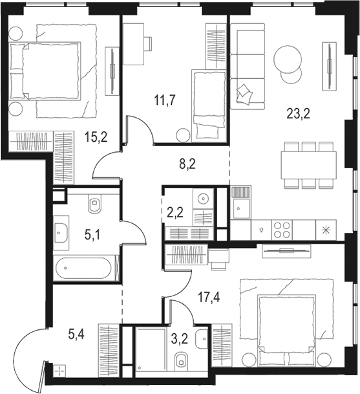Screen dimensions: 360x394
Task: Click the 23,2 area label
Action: pos(298,114)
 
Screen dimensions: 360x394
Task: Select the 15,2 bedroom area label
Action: pos(96,137)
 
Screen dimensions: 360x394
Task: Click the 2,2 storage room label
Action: pos(175,213)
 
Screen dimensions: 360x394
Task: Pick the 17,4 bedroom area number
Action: pos(209,298)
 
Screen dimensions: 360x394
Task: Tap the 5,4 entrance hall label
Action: pos(76,334)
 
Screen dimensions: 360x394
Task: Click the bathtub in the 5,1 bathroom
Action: pos(83,268)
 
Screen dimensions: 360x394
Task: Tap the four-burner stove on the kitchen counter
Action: pos(282,230)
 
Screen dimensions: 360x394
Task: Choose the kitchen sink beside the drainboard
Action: pos(242,208)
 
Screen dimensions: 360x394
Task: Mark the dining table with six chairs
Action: pos(309,165)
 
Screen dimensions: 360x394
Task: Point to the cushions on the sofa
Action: pos(244,94)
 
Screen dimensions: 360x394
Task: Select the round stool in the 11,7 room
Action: pos(183,135)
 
